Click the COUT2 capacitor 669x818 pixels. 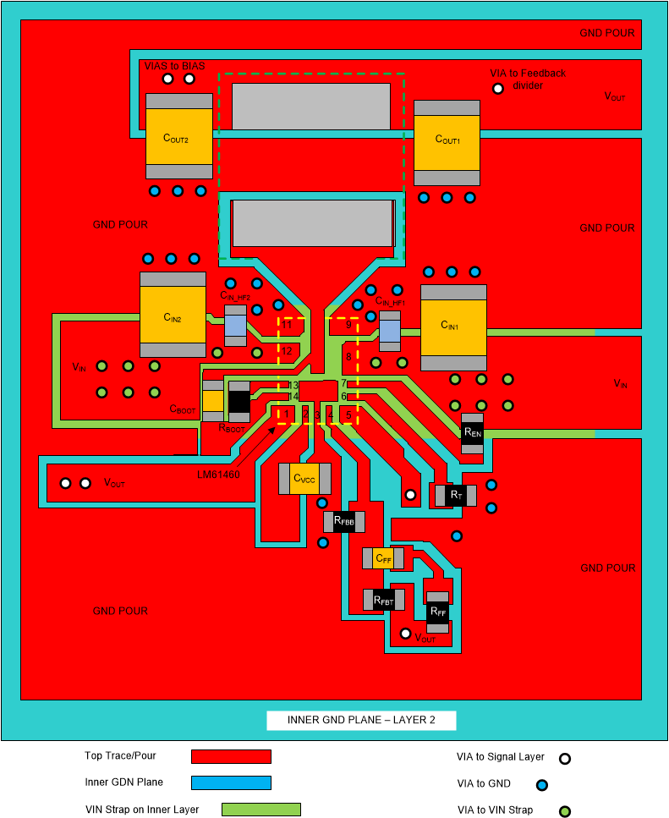coord(178,136)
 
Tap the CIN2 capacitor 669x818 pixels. coord(173,315)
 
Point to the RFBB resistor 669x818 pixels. coord(343,522)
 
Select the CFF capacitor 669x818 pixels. coord(383,558)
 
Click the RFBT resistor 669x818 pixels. coord(383,600)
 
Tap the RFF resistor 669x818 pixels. coord(437,612)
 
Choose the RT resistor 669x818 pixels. coord(455,494)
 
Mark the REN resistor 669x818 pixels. coord(472,433)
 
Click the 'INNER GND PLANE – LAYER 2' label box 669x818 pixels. coord(361,721)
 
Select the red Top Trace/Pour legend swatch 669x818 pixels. coord(231,756)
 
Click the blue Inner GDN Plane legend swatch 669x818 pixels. coord(231,782)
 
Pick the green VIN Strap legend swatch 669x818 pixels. coord(261,810)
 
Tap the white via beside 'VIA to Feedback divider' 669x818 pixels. coord(498,88)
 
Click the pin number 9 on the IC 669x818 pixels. coord(348,324)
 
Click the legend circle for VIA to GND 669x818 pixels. coord(542,784)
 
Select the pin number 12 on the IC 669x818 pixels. coord(288,351)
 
